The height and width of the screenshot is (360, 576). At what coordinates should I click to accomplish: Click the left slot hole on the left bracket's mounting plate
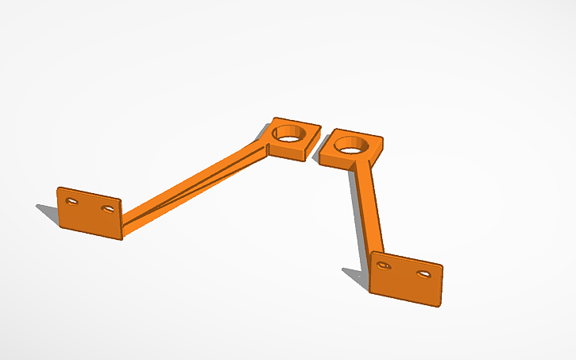click(x=72, y=202)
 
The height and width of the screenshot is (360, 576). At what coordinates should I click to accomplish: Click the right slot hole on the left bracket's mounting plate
click(x=107, y=209)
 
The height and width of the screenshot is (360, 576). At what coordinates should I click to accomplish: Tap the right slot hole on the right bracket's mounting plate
click(x=423, y=273)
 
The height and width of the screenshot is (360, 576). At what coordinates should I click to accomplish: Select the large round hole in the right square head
click(x=350, y=145)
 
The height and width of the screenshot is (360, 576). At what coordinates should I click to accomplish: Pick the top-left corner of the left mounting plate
click(x=58, y=188)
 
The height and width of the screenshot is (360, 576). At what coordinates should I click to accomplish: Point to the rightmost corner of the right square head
click(x=384, y=141)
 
